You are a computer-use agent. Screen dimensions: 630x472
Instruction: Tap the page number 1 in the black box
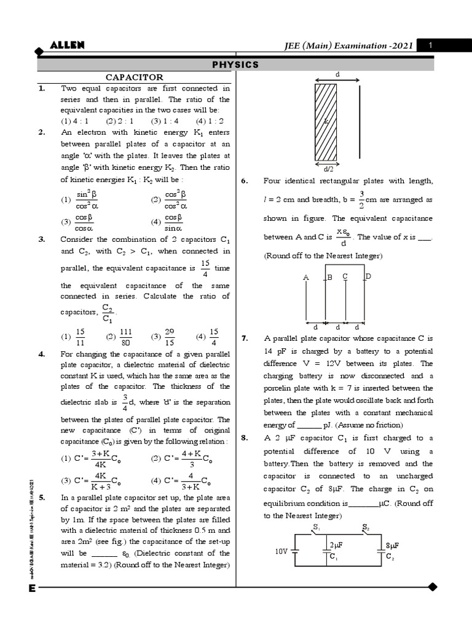pos(431,46)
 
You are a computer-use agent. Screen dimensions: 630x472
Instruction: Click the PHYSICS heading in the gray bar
pos(235,65)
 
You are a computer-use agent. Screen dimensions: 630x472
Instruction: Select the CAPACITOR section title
pos(135,77)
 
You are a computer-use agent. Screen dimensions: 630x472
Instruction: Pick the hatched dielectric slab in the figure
pos(326,122)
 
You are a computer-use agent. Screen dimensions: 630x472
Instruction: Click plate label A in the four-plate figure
pos(305,278)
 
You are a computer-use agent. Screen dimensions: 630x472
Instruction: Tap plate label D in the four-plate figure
pos(368,277)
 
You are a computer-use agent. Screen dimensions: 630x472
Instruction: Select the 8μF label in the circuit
pos(393,546)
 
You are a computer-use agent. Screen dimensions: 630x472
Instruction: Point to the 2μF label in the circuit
pos(336,546)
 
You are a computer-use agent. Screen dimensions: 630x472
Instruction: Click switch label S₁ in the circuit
pos(316,527)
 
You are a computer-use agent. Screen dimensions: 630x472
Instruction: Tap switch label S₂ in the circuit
pos(365,527)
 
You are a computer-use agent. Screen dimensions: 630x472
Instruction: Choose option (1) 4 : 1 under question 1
pos(74,121)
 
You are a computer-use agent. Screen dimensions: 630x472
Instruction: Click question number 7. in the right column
pos(245,338)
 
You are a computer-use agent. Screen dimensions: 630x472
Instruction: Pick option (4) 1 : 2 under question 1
pos(210,121)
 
